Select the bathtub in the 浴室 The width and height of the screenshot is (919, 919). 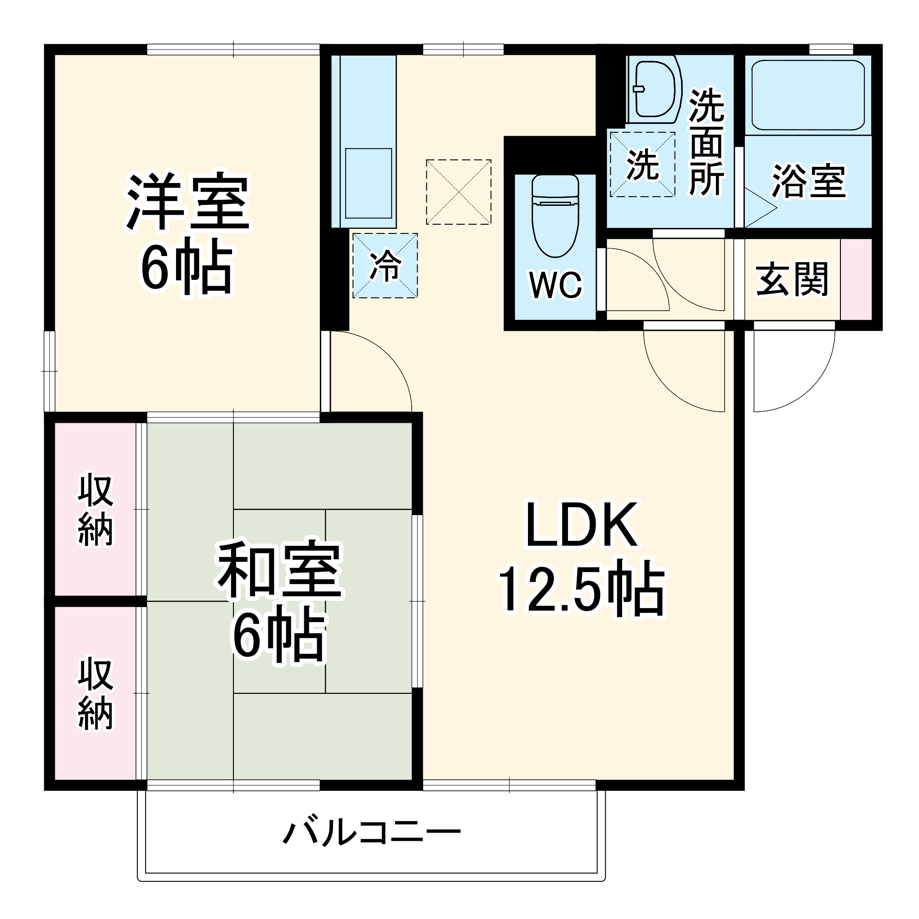(x=808, y=95)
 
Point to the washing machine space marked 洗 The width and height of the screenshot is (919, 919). (x=643, y=165)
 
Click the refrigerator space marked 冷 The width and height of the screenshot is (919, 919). (x=385, y=266)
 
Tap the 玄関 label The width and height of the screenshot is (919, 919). (x=792, y=279)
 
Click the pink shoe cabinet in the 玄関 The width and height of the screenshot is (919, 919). (x=856, y=279)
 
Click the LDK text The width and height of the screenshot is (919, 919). (x=581, y=526)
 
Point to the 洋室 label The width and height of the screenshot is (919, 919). (x=188, y=202)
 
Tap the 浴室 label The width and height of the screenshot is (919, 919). (x=809, y=181)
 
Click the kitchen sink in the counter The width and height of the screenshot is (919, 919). (x=368, y=183)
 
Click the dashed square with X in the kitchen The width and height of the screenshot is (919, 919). (x=459, y=192)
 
